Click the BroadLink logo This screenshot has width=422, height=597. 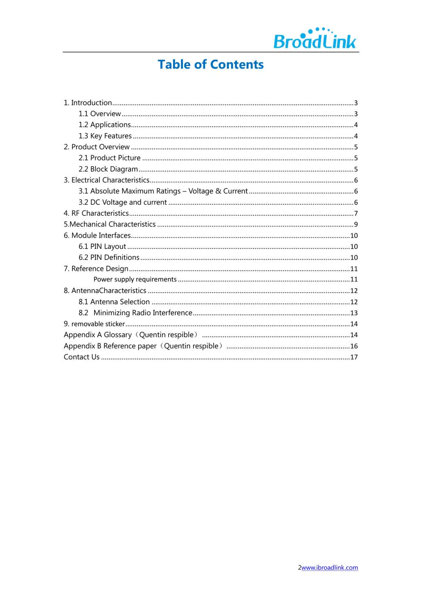click(315, 39)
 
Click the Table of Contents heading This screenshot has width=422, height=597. click(211, 64)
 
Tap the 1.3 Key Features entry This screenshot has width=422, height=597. click(105, 136)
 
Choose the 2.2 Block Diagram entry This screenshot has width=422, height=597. click(108, 169)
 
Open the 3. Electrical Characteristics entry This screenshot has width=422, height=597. click(107, 180)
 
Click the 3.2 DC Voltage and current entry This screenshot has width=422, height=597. click(123, 203)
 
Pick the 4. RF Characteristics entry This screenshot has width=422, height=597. click(96, 213)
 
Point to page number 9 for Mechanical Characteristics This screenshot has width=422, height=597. click(356, 225)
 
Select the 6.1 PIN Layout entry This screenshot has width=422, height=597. click(102, 246)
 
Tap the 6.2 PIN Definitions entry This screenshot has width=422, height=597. click(109, 258)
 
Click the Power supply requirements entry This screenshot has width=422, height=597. click(135, 279)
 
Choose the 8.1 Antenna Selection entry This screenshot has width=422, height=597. click(114, 302)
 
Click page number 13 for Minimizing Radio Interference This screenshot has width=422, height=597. click(354, 313)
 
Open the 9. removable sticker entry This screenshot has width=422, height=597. click(94, 324)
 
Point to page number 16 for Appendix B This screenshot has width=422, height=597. click(354, 346)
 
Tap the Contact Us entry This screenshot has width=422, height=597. click(82, 357)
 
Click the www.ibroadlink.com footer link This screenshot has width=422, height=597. click(330, 568)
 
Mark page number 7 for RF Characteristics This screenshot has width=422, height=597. click(356, 214)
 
